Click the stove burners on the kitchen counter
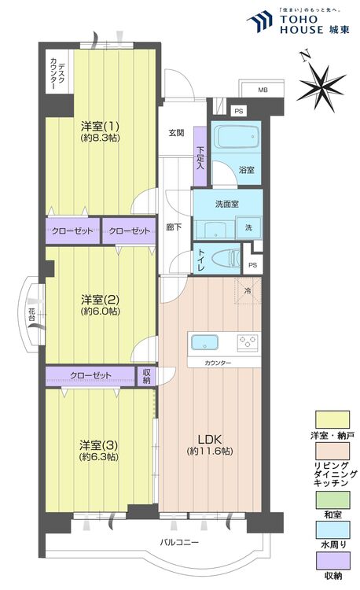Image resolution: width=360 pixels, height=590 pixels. pyautogui.click(x=248, y=342)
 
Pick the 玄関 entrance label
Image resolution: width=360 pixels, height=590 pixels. pyautogui.click(x=175, y=133)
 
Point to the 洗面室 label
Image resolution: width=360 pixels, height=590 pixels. pyautogui.click(x=227, y=205)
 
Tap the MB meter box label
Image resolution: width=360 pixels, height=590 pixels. pyautogui.click(x=262, y=90)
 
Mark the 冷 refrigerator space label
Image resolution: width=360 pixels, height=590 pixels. pyautogui.click(x=248, y=290)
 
